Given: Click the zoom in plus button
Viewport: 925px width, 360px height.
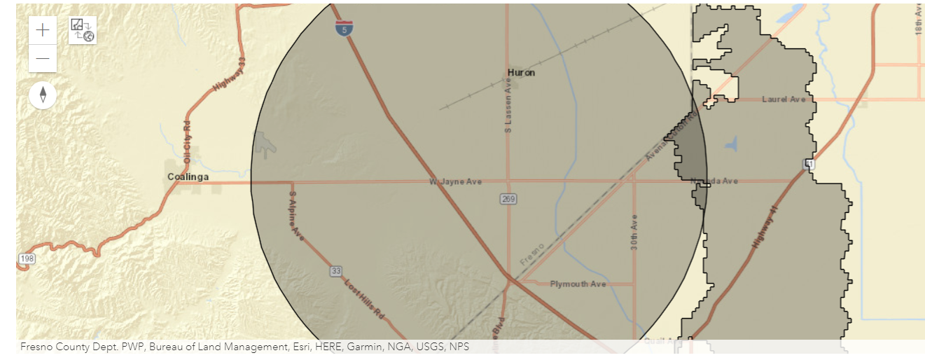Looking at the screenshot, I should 43,30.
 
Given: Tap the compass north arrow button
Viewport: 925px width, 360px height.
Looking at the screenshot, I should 43,95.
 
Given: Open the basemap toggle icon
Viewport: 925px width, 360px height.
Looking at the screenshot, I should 83,30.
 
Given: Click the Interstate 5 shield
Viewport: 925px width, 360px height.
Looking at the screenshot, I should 344,28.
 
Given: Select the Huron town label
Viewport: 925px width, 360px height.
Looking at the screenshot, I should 521,73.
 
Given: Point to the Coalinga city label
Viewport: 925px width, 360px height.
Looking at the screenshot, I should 188,177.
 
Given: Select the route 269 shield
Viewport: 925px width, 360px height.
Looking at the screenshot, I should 508,200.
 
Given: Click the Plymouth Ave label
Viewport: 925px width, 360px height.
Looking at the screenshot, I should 578,284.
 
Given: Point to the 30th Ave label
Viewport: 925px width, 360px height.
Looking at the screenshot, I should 634,232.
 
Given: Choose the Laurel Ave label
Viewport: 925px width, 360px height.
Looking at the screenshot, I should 784,99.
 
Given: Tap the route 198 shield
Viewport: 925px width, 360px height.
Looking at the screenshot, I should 25,259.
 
